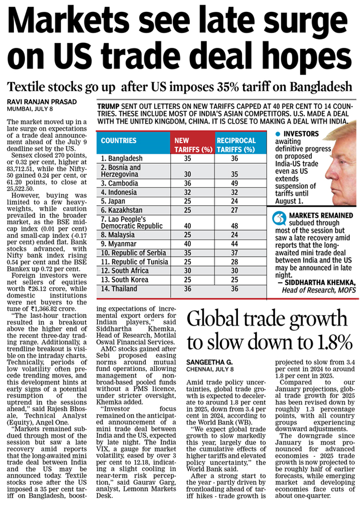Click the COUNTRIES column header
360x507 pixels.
(118, 141)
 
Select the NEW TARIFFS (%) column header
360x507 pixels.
(193, 145)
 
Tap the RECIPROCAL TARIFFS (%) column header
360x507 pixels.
(236, 145)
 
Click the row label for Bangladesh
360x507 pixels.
(122, 159)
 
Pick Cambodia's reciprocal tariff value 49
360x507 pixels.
(234, 183)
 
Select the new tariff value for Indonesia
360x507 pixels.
(187, 192)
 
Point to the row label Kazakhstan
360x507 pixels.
(122, 210)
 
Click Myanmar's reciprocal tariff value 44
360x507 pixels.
(234, 244)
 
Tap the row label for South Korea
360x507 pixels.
(124, 280)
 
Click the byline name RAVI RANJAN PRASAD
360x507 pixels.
(42, 102)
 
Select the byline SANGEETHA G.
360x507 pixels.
(209, 362)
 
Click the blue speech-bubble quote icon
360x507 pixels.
(279, 218)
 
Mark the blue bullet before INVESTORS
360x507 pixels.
(278, 134)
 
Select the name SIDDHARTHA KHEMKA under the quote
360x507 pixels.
(320, 283)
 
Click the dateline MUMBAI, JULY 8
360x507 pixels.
(30, 109)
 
